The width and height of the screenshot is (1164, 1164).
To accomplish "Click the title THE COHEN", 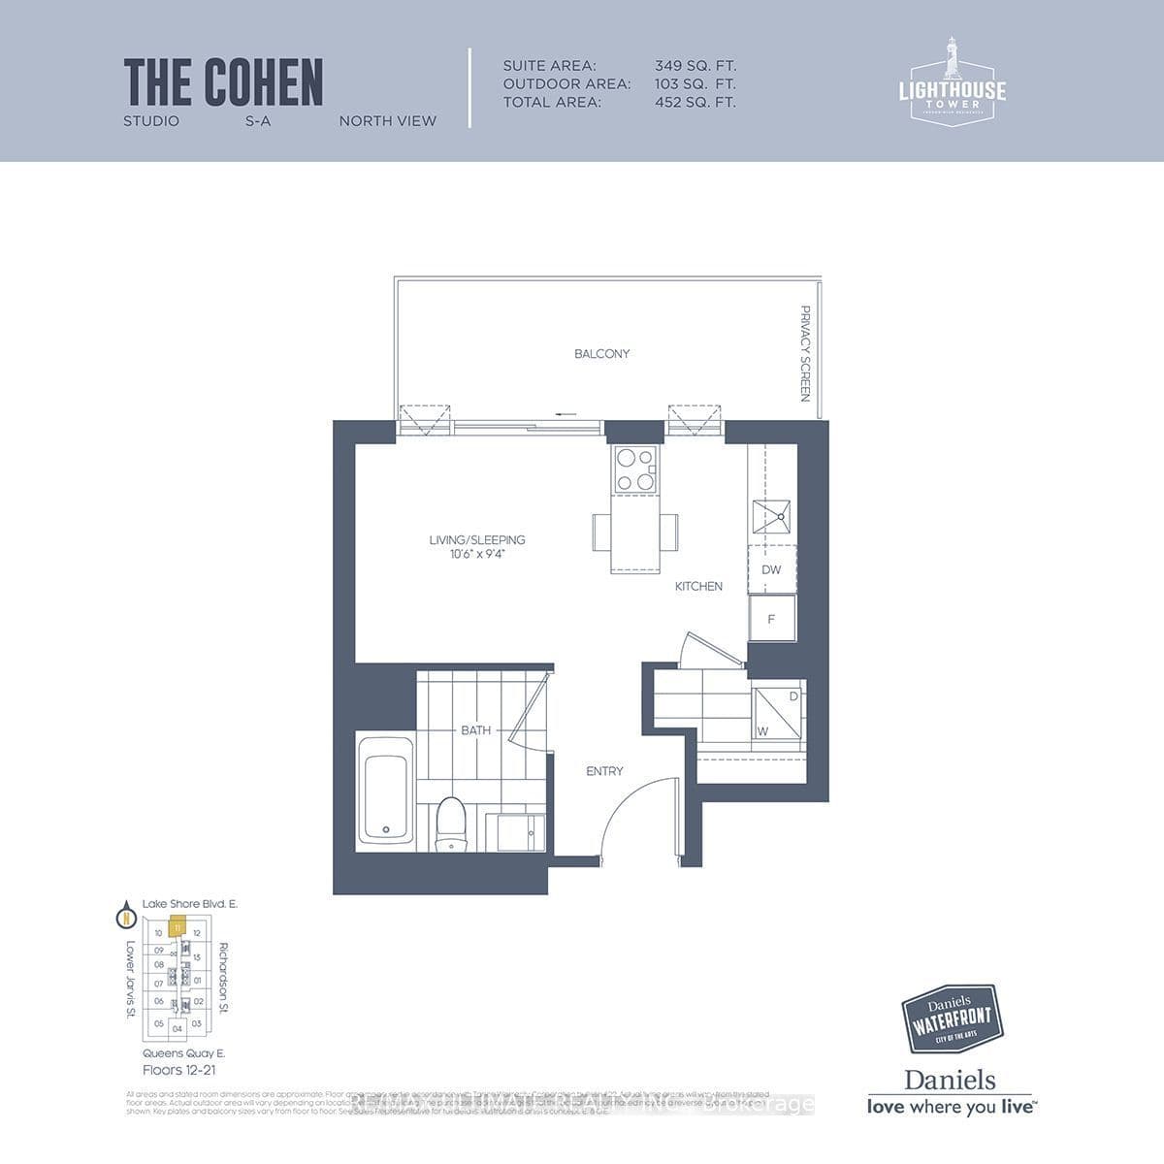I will tap(223, 82).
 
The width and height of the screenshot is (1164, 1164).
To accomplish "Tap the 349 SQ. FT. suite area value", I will tap(695, 66).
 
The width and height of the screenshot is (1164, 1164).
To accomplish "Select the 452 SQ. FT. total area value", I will tap(695, 102).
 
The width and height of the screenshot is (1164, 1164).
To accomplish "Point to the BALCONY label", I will tap(601, 354).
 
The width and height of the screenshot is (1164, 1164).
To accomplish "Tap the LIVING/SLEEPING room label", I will tap(477, 540).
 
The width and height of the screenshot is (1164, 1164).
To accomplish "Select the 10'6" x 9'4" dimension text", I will tap(477, 555).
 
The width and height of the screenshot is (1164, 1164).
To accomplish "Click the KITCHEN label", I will tap(698, 586).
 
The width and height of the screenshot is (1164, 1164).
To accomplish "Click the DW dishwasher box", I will tap(771, 570).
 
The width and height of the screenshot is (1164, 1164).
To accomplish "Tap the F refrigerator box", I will tap(771, 619).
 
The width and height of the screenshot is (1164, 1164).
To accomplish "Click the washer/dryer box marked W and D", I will tap(778, 713).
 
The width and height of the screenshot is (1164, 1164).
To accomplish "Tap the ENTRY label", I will tap(604, 771).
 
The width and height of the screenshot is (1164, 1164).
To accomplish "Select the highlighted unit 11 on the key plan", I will tap(177, 927).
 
